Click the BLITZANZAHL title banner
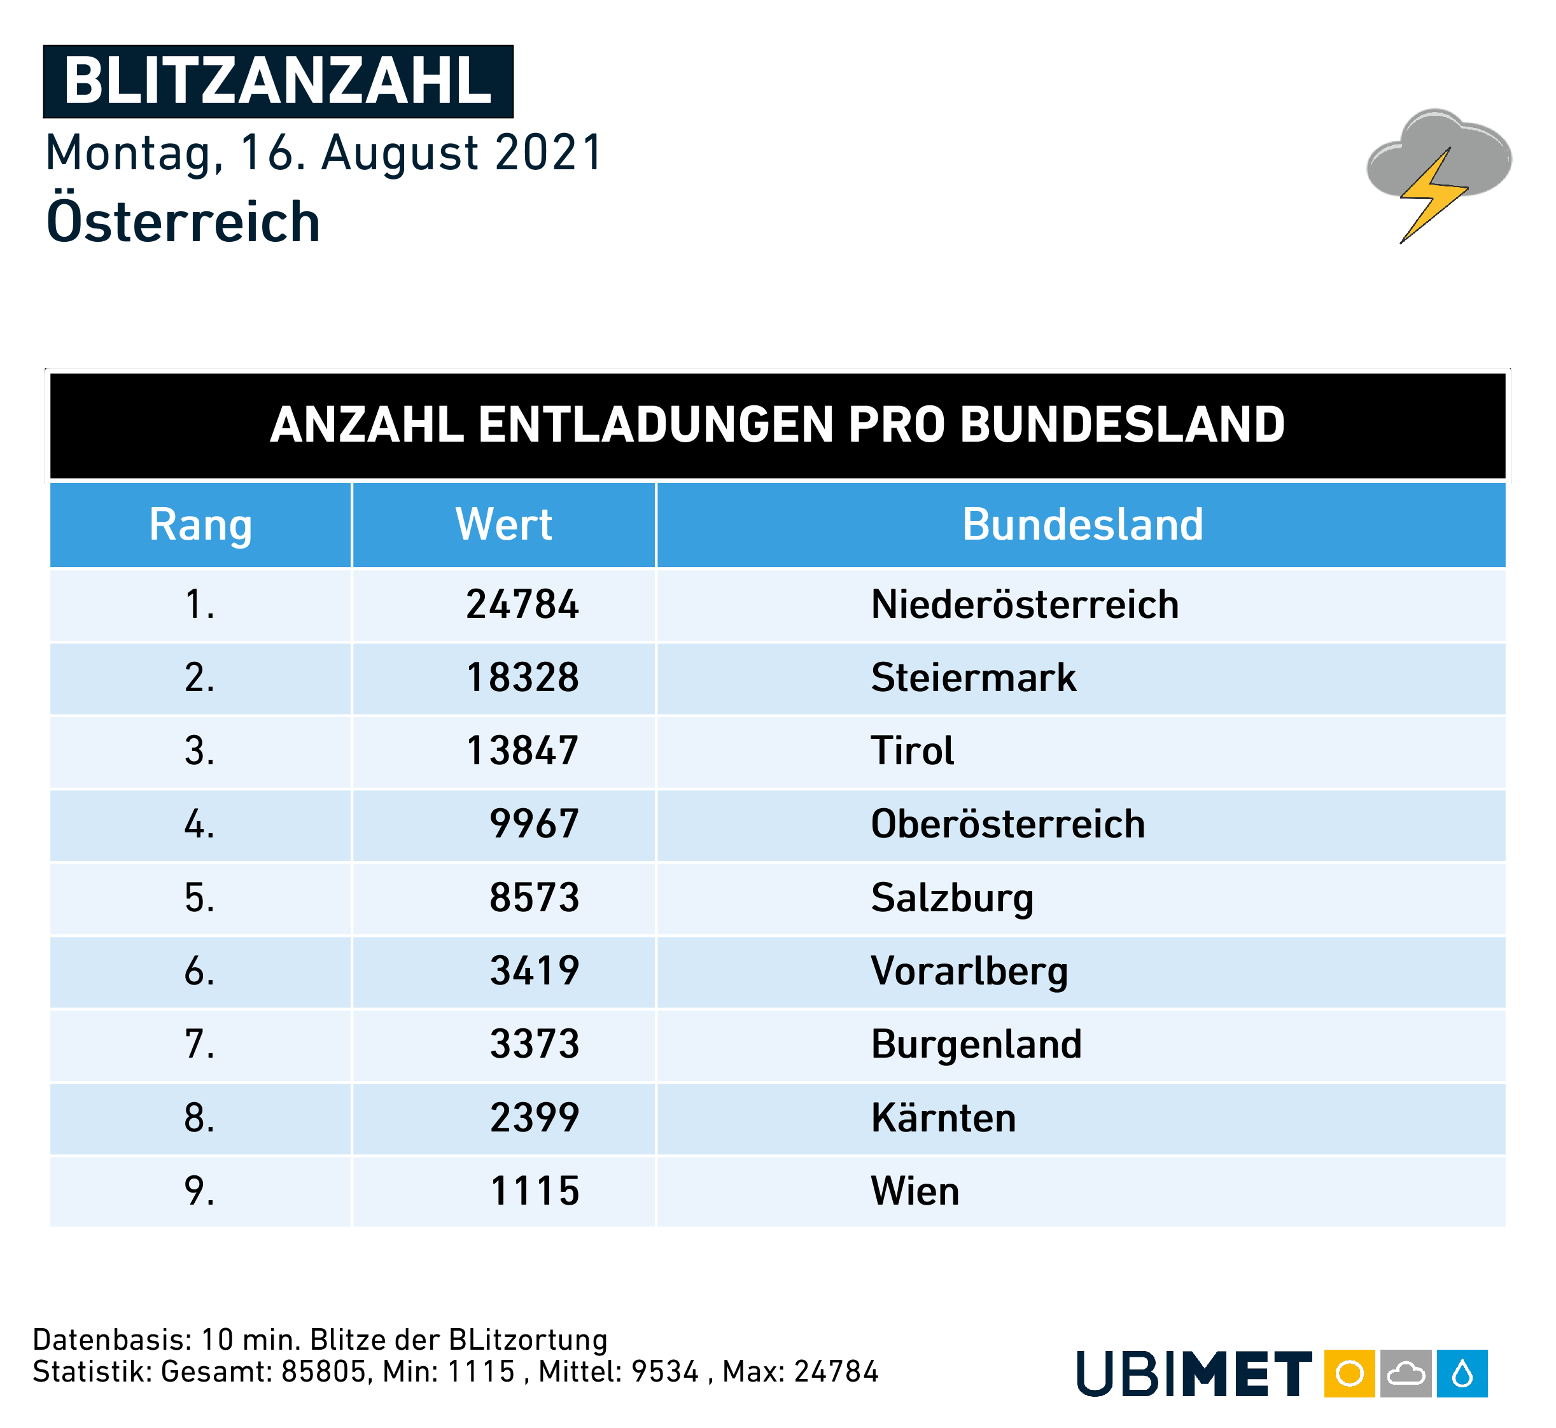(x=278, y=81)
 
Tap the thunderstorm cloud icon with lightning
(x=1438, y=173)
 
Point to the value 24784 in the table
(x=522, y=605)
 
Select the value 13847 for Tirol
(x=522, y=751)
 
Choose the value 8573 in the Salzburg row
(x=534, y=897)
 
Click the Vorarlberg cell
(x=969, y=970)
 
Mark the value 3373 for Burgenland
(x=534, y=1044)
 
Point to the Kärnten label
(x=943, y=1117)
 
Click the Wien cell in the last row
(x=915, y=1191)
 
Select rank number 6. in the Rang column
(x=199, y=970)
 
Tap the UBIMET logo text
(x=1194, y=1373)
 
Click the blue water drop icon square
(x=1462, y=1373)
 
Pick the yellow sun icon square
(x=1349, y=1373)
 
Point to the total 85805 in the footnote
(x=323, y=1371)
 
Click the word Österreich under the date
(x=183, y=221)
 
